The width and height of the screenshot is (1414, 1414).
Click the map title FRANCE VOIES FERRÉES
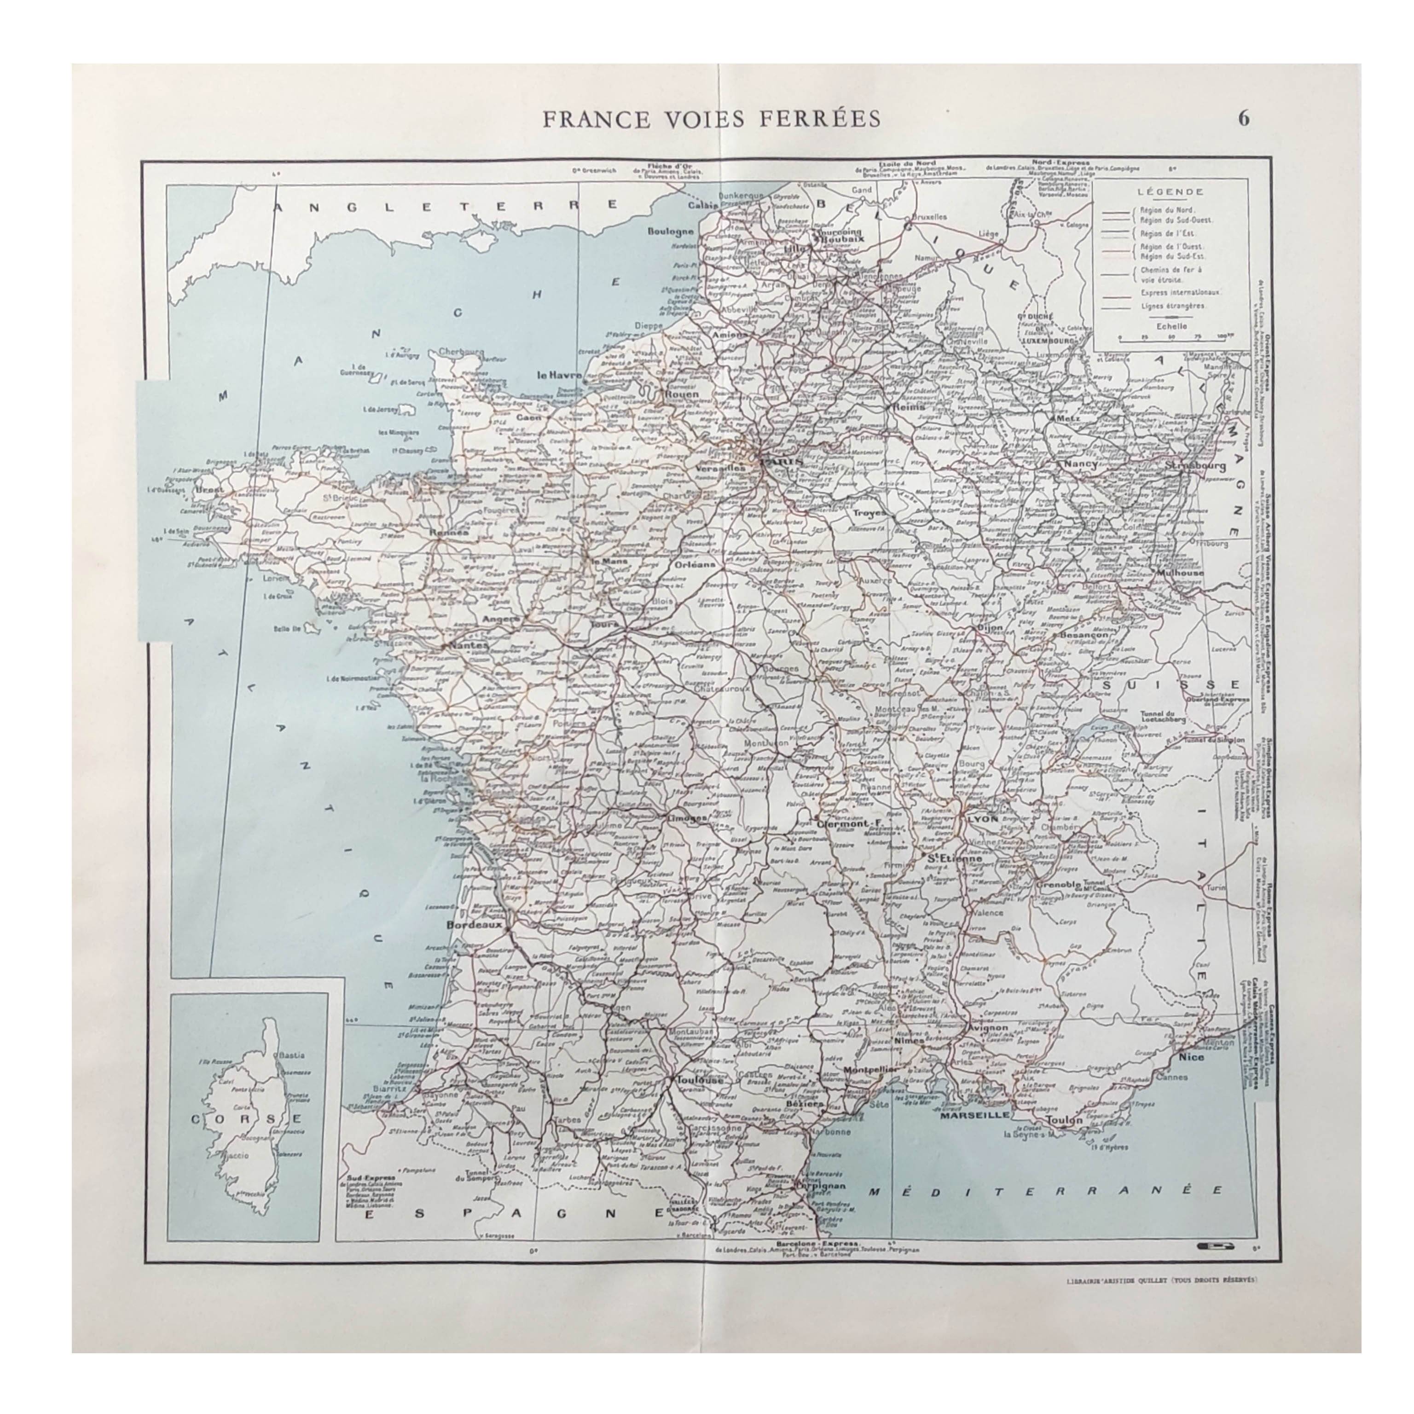pos(712,119)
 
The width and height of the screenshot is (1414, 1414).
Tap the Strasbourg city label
pos(1195,465)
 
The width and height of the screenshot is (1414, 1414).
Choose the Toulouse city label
pos(700,1079)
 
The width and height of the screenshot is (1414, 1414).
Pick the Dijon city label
pos(989,627)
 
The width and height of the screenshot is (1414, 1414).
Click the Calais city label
pos(701,206)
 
